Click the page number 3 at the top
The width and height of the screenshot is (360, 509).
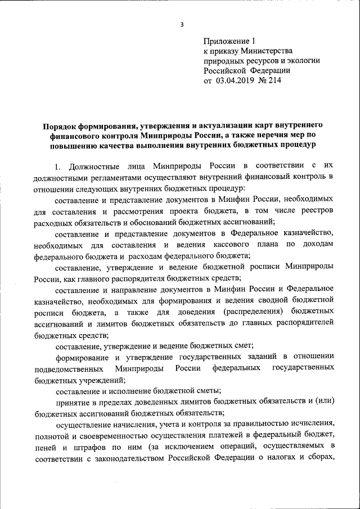tap(181, 24)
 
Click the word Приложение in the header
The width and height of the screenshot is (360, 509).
tap(227, 41)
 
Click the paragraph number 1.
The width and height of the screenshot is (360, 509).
tap(57, 166)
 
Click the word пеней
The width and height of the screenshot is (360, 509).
tap(45, 447)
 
